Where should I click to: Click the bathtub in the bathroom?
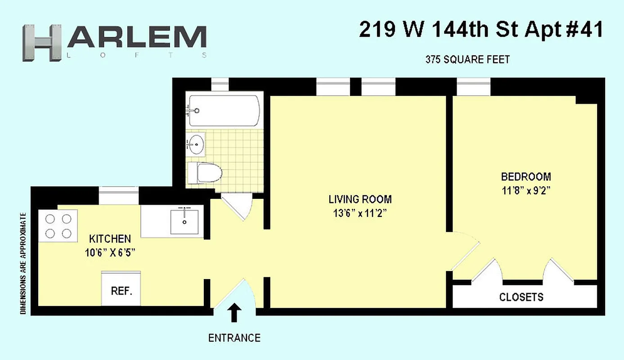click(x=224, y=110)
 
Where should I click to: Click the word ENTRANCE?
click(x=234, y=338)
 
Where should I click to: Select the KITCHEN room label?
click(x=110, y=238)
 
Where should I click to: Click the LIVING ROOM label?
click(x=360, y=199)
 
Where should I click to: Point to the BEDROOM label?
click(x=526, y=176)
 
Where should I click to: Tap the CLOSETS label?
click(x=521, y=297)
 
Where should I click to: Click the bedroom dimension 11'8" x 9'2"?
click(x=526, y=190)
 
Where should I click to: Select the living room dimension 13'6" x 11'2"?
click(x=360, y=213)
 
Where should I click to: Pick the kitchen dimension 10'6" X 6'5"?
click(x=110, y=252)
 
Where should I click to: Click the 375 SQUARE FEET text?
click(x=467, y=59)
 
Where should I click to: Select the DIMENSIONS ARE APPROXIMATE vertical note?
click(x=22, y=263)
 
